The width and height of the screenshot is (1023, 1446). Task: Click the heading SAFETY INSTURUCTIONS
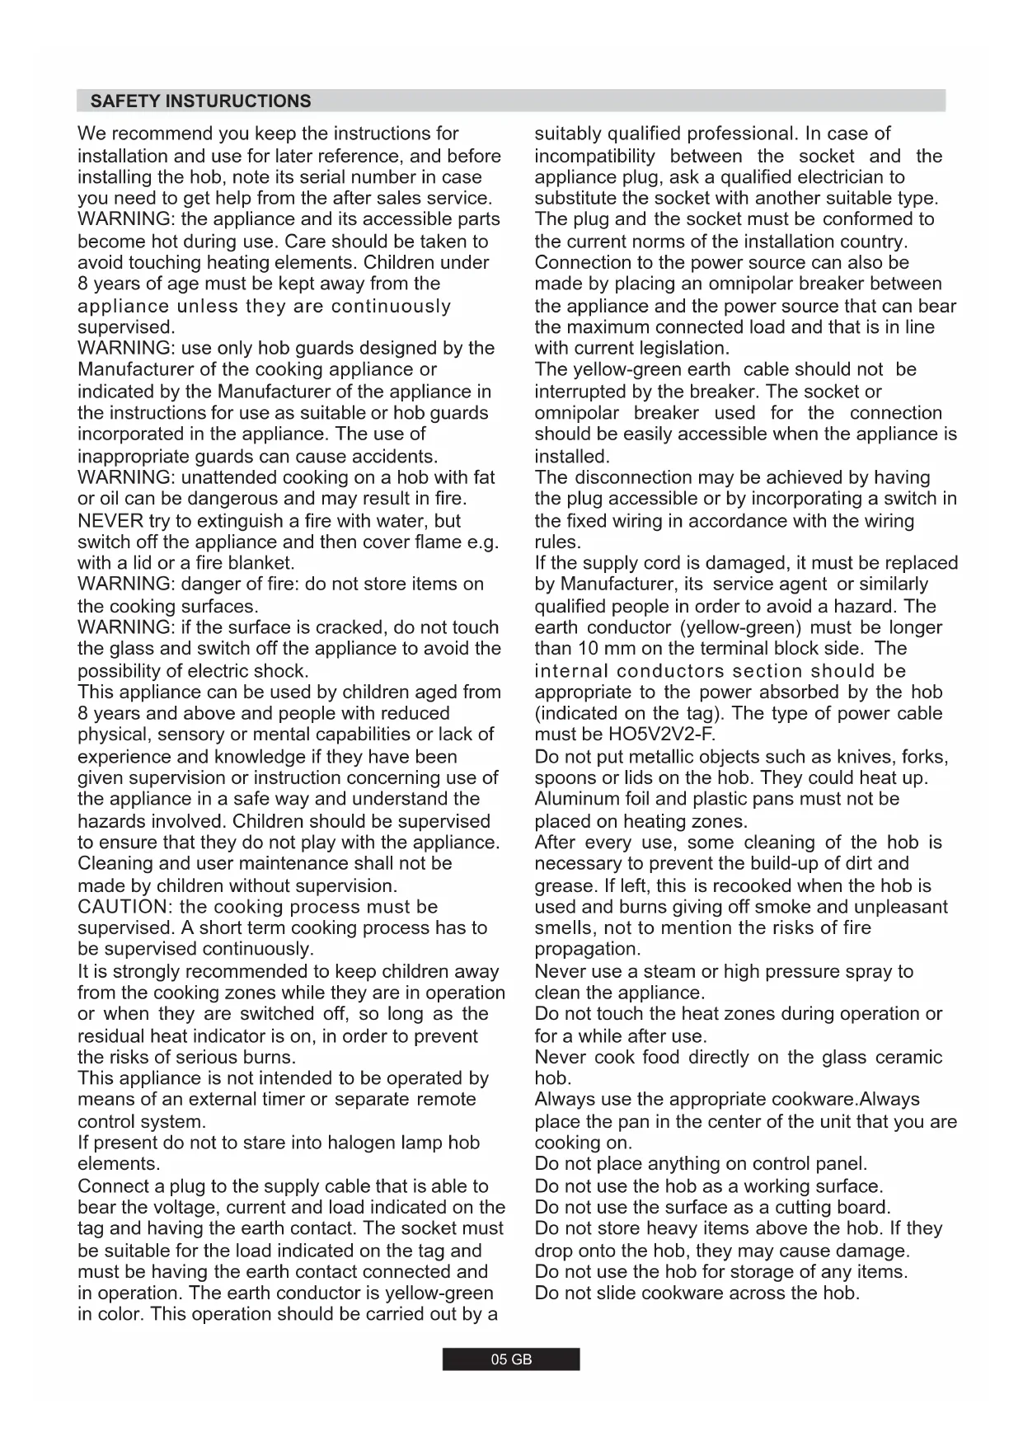[200, 101]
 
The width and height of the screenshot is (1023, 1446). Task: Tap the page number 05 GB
[511, 1359]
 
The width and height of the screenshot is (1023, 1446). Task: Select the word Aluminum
[575, 799]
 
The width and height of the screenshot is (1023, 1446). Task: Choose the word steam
[671, 971]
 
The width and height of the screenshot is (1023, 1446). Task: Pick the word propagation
[587, 949]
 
